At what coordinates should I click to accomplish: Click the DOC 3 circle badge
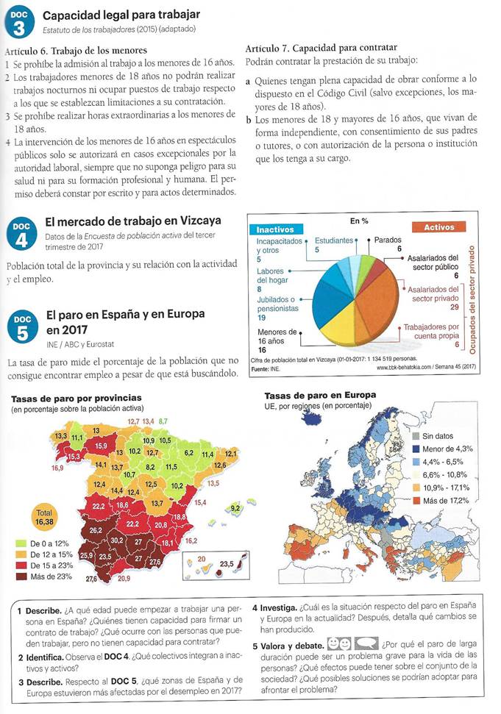(19, 24)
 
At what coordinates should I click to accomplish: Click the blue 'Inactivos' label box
(275, 228)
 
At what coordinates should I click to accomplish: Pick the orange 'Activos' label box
(439, 228)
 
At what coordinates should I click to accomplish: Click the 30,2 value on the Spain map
(116, 541)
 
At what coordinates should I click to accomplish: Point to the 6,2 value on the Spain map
(188, 454)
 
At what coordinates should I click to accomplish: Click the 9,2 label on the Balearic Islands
(235, 508)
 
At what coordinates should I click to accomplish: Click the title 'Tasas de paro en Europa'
(319, 395)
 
